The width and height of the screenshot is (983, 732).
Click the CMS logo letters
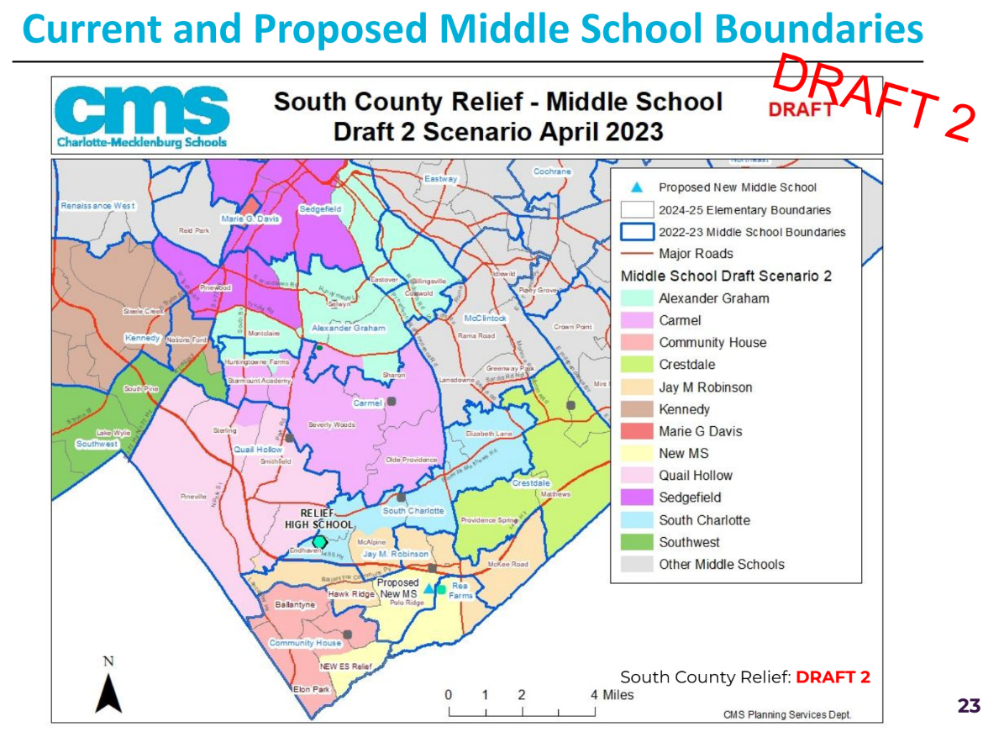[142, 109]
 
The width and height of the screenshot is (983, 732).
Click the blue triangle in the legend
[637, 187]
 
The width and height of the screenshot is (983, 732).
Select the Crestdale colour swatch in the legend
[636, 365]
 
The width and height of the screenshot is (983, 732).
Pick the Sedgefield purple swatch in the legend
[636, 498]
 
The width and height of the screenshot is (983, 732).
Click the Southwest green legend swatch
[636, 542]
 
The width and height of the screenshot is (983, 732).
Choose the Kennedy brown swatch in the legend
[636, 409]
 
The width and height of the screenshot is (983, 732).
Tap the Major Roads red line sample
[636, 254]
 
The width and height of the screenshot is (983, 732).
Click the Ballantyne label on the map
[294, 604]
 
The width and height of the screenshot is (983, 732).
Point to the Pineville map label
[193, 497]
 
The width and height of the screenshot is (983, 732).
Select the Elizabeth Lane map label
[490, 434]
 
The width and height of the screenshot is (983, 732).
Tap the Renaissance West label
[97, 206]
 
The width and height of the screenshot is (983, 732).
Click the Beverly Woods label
[332, 425]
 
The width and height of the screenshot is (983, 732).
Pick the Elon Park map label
[312, 690]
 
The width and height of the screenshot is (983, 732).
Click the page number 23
[969, 706]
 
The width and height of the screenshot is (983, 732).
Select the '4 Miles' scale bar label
[612, 695]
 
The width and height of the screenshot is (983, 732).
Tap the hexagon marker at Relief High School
[320, 542]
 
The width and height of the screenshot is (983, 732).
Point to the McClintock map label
[486, 319]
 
